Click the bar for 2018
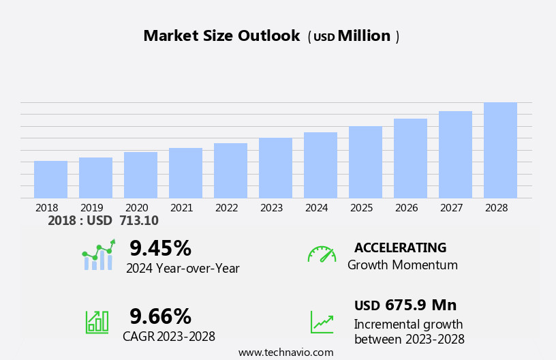[50, 179]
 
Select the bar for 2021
[185, 173]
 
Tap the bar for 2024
[320, 165]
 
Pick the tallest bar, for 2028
[500, 150]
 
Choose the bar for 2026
[410, 158]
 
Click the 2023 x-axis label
[271, 207]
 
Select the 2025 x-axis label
[361, 207]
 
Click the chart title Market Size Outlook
[221, 36]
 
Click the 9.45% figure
[160, 248]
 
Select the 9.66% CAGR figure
[160, 316]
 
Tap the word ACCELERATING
[400, 247]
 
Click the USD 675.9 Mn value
[405, 305]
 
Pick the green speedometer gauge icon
[322, 254]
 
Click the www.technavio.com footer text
[285, 352]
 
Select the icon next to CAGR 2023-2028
[97, 321]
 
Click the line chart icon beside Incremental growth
[322, 322]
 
